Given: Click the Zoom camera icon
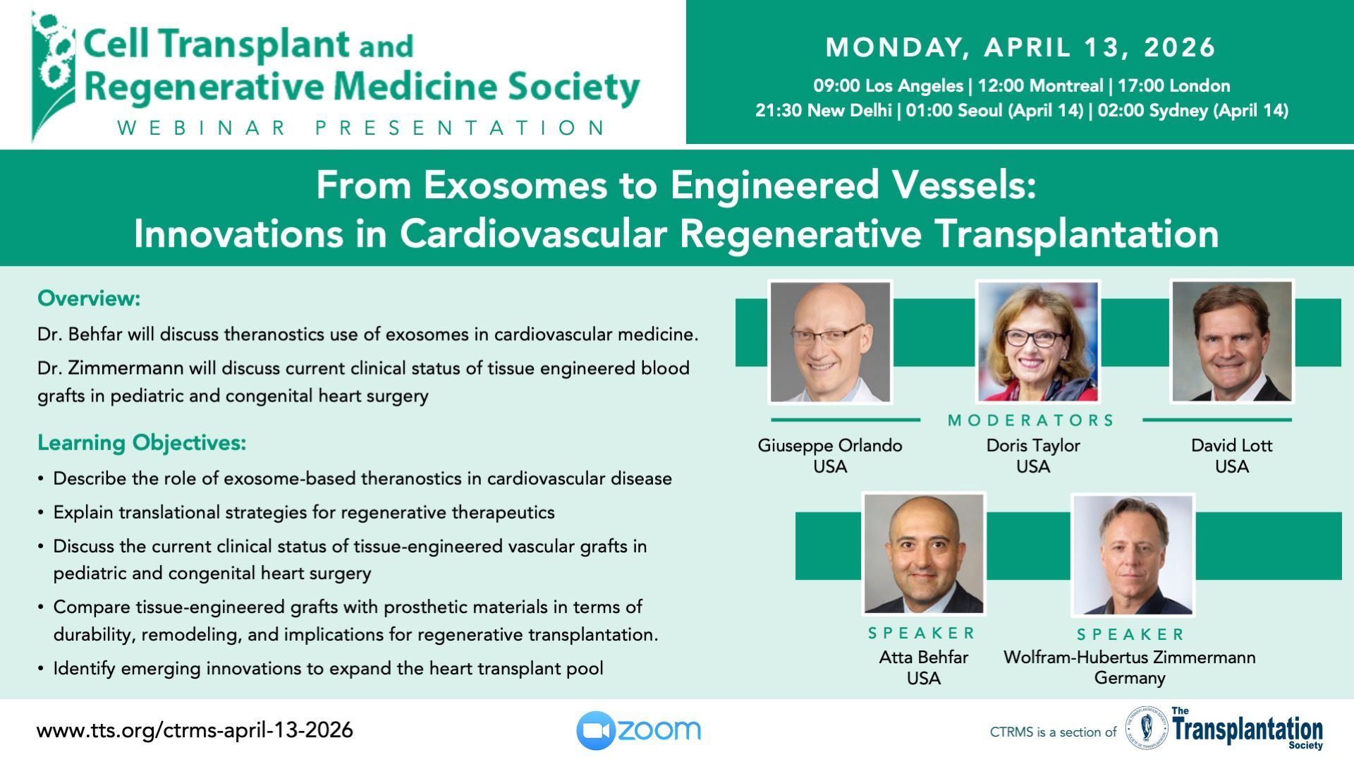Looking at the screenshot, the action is [x=597, y=730].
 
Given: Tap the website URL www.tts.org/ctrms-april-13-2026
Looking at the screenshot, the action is [x=195, y=730].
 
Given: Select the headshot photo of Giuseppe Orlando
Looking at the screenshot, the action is [x=830, y=342].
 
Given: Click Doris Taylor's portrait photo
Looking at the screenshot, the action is [x=1037, y=341].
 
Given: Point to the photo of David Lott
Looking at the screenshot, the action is [x=1232, y=341].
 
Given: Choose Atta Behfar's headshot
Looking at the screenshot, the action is [x=924, y=554].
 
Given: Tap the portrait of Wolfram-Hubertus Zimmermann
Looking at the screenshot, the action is [x=1133, y=555].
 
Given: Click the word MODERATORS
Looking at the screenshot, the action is [x=1031, y=421].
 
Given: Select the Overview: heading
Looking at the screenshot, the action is [x=89, y=298].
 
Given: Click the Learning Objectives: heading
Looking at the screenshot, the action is [x=142, y=443].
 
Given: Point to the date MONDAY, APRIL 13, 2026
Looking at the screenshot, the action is [x=1020, y=47].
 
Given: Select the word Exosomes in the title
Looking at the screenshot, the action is [x=516, y=186].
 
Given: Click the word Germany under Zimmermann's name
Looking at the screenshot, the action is [x=1130, y=679].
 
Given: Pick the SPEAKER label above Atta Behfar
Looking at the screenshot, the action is [x=921, y=633].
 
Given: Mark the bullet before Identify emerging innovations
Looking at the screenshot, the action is [x=41, y=669].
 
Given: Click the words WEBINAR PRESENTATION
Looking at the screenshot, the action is [x=361, y=128].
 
